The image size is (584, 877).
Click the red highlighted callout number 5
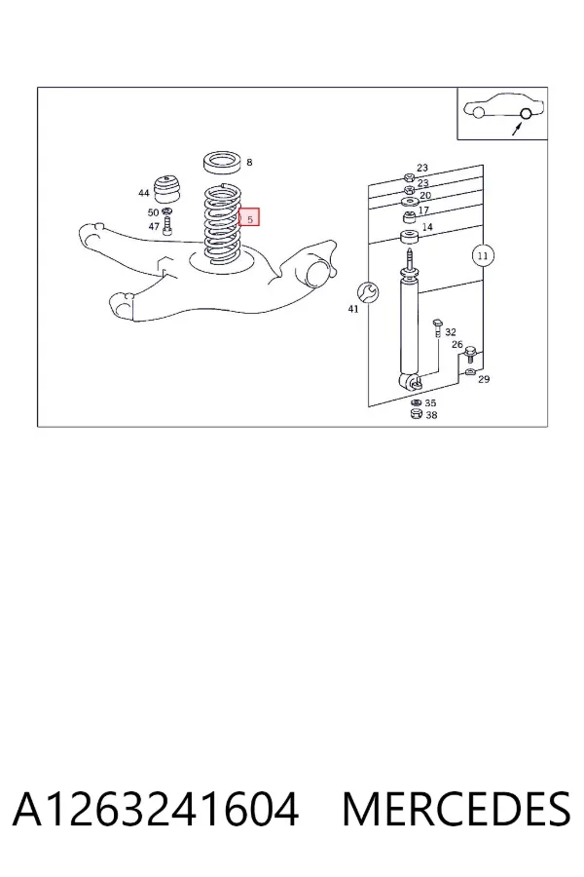click(249, 217)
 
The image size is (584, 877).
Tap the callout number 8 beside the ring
click(249, 162)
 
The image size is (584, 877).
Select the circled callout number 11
click(483, 256)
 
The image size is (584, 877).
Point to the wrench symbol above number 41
click(368, 292)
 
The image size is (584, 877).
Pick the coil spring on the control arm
click(223, 224)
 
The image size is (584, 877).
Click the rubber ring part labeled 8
click(223, 161)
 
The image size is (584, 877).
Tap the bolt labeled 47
click(167, 226)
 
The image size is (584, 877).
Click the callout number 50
click(153, 212)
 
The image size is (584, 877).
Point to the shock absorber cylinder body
click(409, 327)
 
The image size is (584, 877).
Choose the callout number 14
click(427, 227)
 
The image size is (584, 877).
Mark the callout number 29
click(484, 379)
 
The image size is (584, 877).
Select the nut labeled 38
click(416, 414)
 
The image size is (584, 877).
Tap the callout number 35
click(430, 402)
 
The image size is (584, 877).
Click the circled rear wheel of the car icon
click(526, 114)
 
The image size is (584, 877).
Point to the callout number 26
click(457, 345)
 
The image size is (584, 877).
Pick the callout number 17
click(423, 210)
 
